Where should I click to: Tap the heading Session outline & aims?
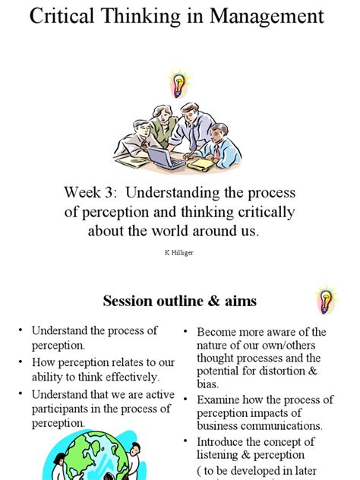[180, 301]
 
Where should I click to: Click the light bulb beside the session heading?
[327, 301]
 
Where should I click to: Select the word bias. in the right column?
[209, 384]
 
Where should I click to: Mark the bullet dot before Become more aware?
[186, 332]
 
